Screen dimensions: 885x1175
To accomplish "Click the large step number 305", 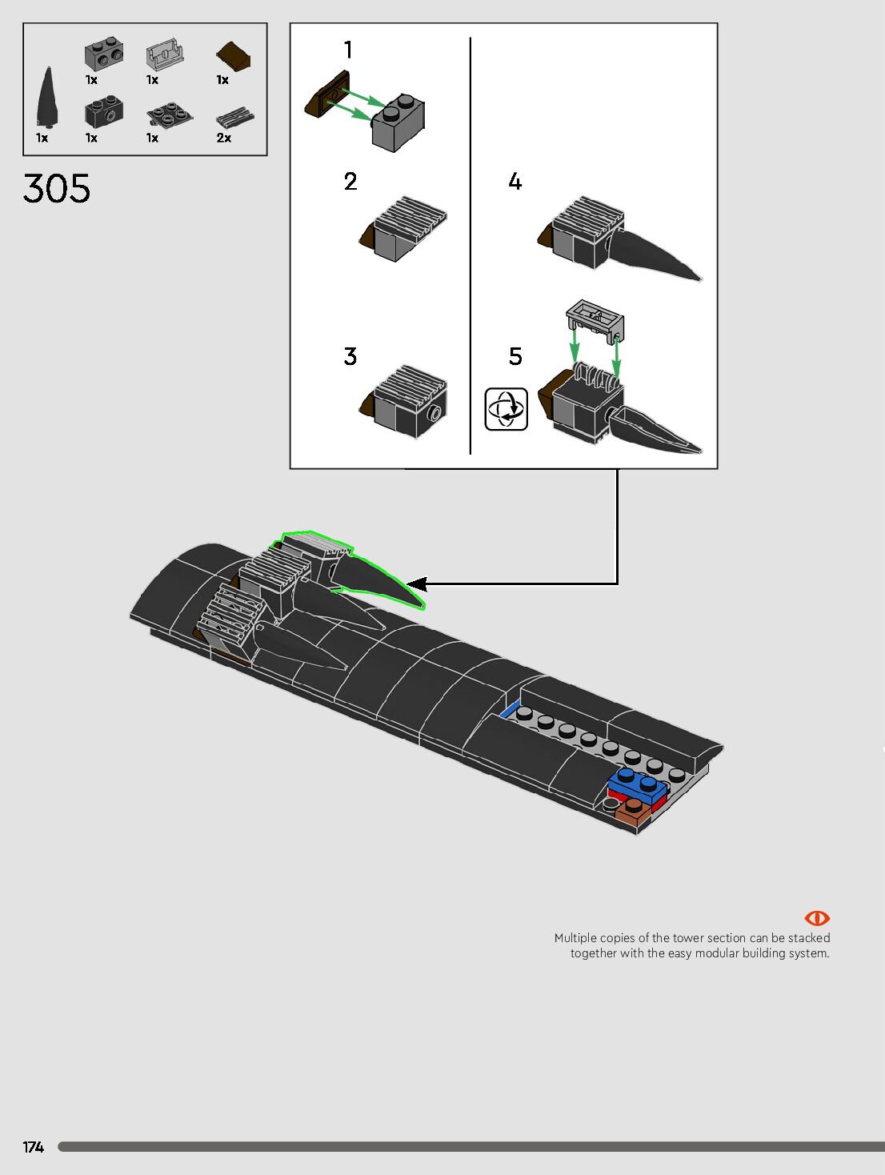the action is [x=57, y=189].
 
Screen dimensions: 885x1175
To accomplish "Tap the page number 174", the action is [x=33, y=1147].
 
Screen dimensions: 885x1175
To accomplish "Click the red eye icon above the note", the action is [x=816, y=918].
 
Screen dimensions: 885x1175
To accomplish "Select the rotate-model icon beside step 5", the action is [x=506, y=409].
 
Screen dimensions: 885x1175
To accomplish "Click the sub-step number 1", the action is [x=348, y=50].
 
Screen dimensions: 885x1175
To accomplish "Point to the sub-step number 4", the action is [x=515, y=182].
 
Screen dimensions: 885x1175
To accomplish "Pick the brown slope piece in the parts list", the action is [x=233, y=57].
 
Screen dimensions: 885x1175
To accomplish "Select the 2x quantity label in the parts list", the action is [x=224, y=138].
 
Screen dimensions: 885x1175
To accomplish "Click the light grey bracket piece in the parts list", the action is [x=165, y=55].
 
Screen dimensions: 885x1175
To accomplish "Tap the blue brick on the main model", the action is [x=639, y=785].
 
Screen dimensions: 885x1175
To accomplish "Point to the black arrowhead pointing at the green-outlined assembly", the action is [x=417, y=584].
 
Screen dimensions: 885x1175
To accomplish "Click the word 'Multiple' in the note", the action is [x=575, y=938].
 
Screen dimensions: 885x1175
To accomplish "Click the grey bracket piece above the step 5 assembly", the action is [x=595, y=320].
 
